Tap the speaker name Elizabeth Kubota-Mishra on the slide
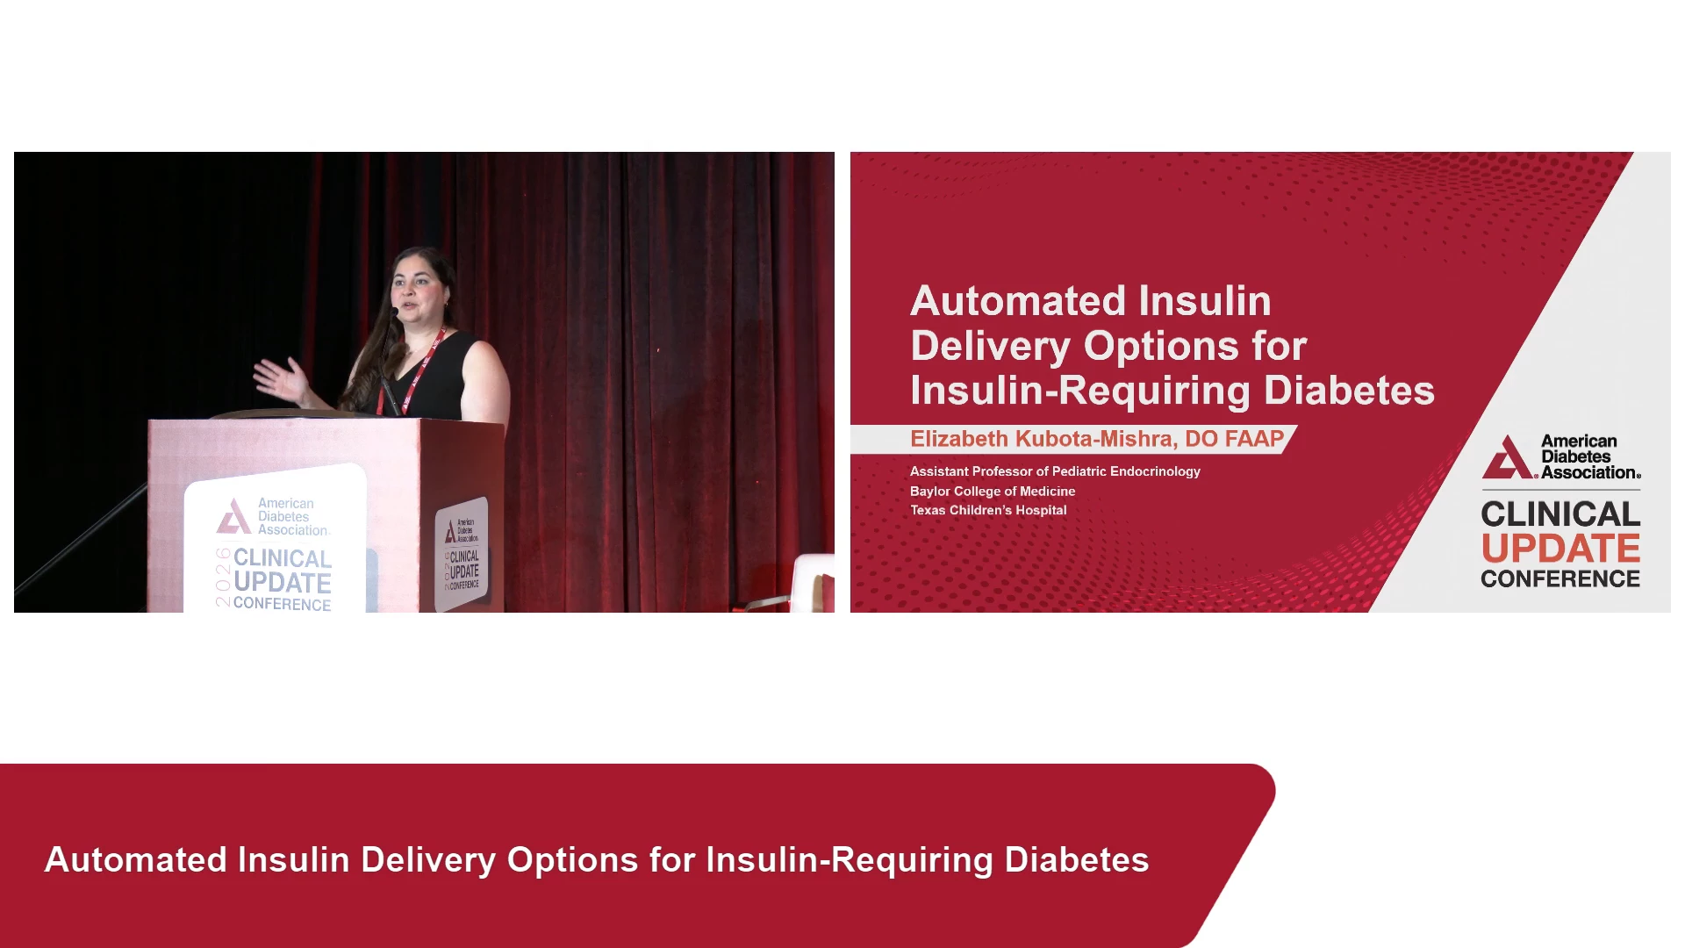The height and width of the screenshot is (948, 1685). click(1043, 439)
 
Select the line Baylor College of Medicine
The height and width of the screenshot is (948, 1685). click(993, 492)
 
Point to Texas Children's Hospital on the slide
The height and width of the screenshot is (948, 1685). click(988, 510)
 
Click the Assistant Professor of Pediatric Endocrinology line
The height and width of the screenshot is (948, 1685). click(1055, 471)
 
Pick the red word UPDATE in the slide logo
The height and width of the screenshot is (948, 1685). click(1560, 549)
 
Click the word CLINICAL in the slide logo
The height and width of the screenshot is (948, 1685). click(1560, 513)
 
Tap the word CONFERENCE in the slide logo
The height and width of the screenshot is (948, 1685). click(1560, 578)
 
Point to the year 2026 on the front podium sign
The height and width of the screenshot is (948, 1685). click(223, 577)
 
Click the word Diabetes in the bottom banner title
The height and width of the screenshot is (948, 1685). click(1077, 860)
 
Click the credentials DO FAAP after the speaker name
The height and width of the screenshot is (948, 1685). click(1235, 439)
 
